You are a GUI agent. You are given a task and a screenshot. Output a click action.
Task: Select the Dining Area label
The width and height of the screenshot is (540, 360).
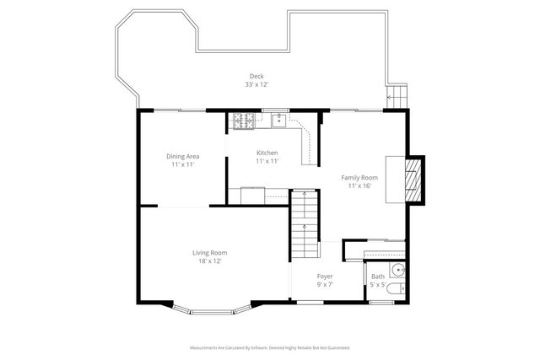[182, 156]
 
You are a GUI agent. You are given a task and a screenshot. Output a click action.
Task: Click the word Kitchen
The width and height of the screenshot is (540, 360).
[267, 153]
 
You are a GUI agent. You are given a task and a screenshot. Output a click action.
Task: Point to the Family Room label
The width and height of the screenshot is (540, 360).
[359, 178]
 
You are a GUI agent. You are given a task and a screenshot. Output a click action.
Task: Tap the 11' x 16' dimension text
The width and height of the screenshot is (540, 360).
[359, 186]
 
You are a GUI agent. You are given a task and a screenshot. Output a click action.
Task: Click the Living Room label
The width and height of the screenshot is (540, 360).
[209, 253]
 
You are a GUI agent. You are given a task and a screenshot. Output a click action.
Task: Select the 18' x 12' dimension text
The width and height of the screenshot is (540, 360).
[209, 261]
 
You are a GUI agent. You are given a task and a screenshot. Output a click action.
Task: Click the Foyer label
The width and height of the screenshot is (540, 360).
[325, 277]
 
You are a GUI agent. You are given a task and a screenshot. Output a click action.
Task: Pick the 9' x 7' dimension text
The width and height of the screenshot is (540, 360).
[325, 285]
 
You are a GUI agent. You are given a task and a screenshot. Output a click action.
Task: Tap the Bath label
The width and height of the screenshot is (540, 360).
[377, 277]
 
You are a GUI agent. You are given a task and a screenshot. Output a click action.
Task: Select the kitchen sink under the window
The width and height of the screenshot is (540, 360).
[277, 121]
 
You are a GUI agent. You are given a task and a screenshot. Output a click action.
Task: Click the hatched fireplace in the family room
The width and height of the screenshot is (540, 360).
[413, 180]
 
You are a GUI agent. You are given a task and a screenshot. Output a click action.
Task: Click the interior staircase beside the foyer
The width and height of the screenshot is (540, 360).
[305, 226]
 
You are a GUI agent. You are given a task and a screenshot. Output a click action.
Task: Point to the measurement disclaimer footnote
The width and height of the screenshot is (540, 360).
[270, 347]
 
